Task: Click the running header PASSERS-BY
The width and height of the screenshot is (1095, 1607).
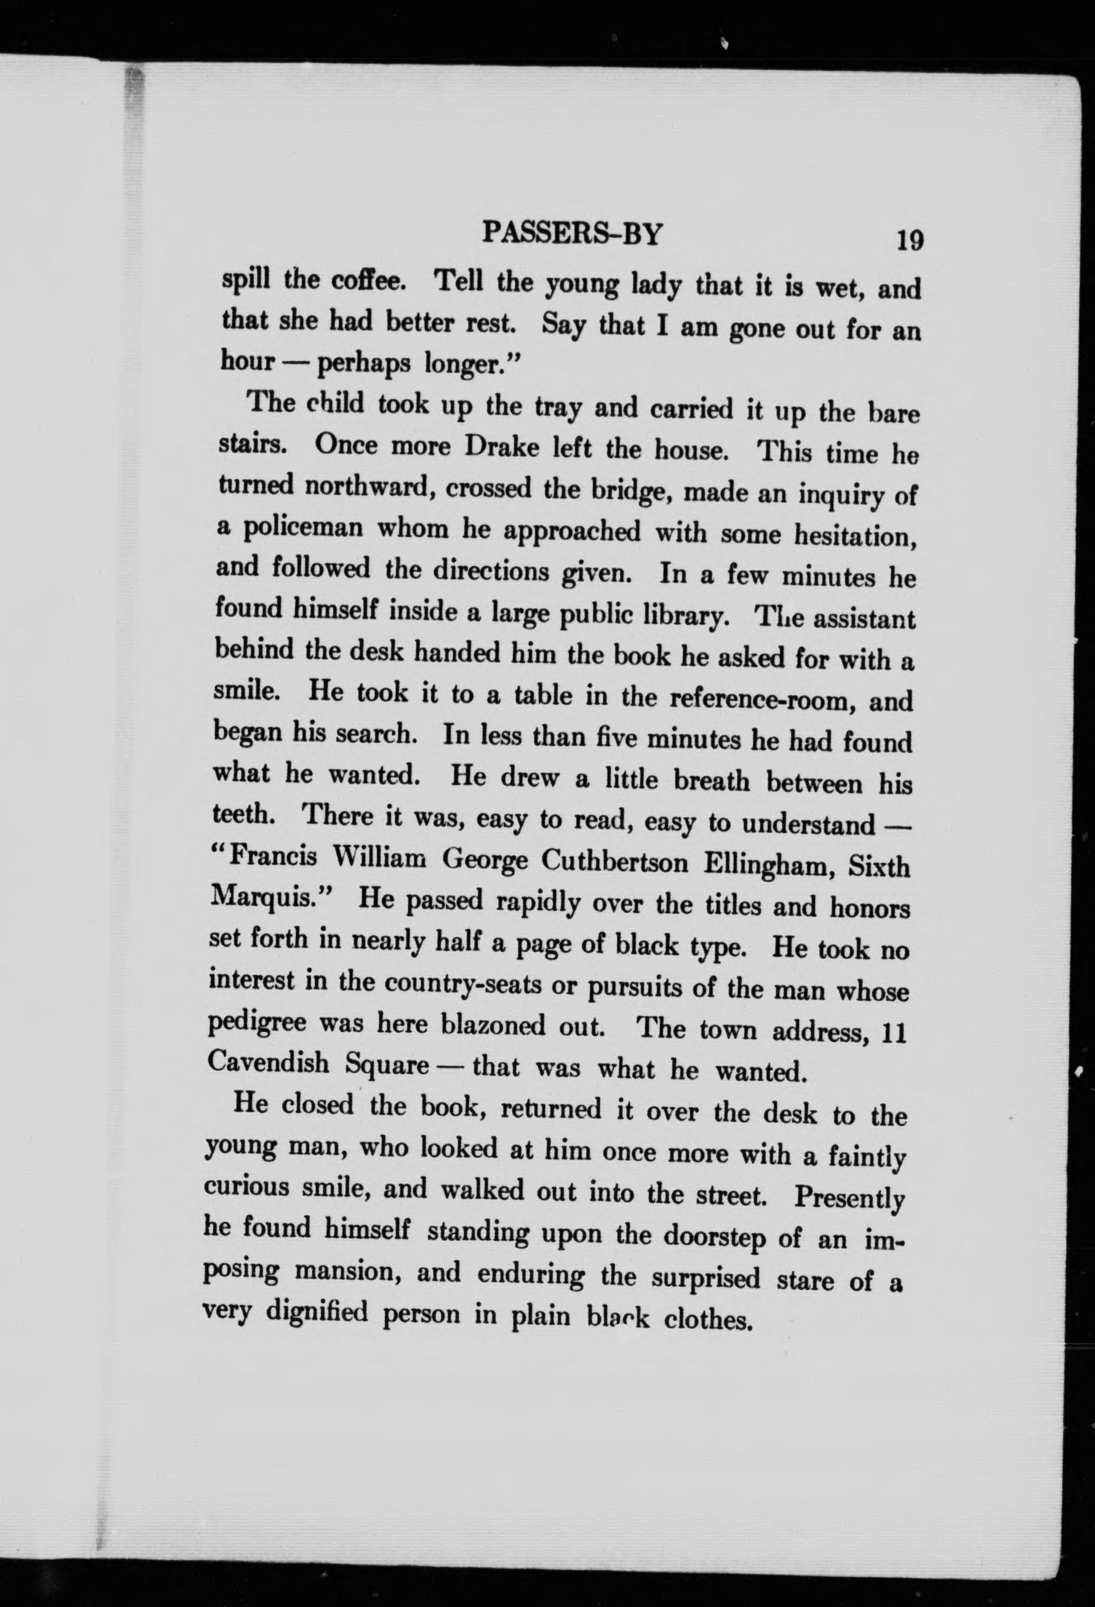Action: [x=572, y=234]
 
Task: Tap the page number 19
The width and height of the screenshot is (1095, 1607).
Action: [x=909, y=241]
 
